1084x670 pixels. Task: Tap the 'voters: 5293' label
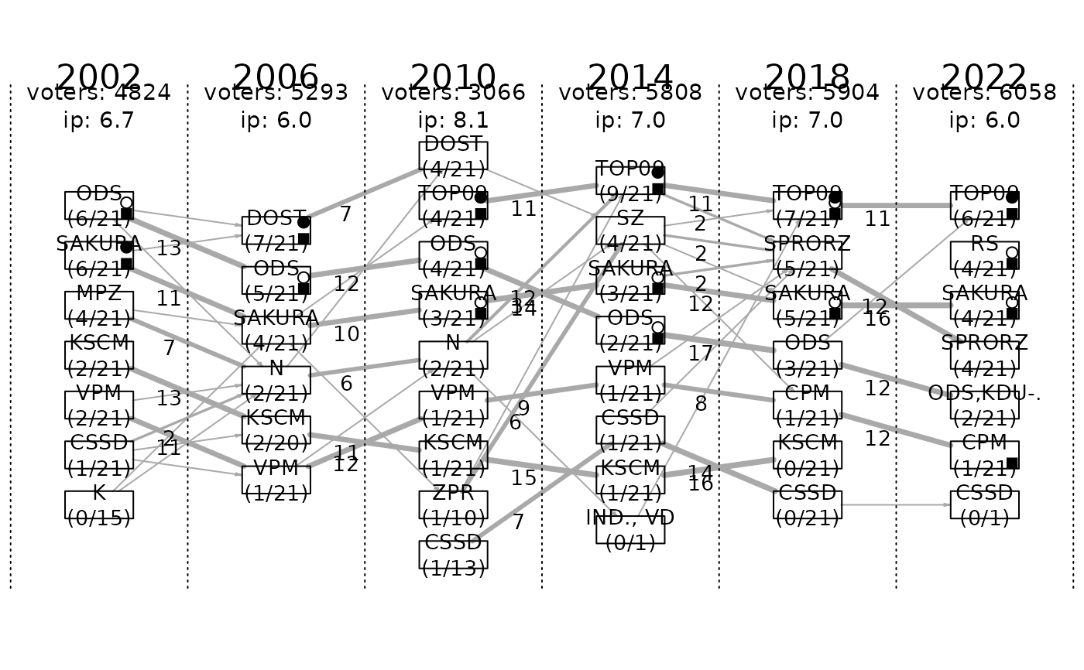(x=276, y=94)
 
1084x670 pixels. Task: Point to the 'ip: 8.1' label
(x=453, y=121)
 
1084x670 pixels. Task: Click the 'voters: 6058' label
(x=984, y=94)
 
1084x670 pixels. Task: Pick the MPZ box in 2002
(x=99, y=306)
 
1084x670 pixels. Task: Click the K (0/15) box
(x=99, y=504)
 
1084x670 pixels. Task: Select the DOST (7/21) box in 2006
(x=276, y=231)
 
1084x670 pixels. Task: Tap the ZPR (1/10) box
(x=453, y=504)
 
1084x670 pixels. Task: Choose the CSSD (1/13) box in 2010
(x=453, y=555)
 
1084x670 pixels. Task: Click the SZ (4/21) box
(x=630, y=231)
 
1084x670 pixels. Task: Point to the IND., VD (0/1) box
(x=630, y=529)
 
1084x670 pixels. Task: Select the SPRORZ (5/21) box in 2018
(x=808, y=255)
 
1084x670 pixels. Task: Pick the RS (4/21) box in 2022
(x=984, y=255)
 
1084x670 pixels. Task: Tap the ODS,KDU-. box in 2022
(x=984, y=405)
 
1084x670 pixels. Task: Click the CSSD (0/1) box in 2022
(x=984, y=504)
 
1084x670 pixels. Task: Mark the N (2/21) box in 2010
(x=453, y=355)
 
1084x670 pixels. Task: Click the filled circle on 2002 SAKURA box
(x=126, y=248)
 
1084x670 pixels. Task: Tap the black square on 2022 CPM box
(x=1012, y=463)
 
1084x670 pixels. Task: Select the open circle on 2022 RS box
(x=1011, y=253)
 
